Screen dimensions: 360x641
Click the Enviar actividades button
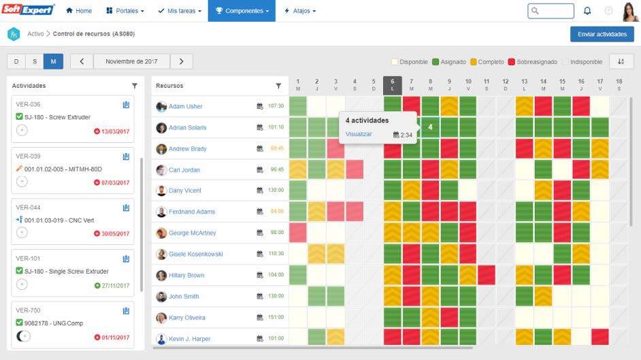click(602, 34)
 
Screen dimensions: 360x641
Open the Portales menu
click(125, 11)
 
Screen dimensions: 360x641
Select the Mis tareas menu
click(179, 11)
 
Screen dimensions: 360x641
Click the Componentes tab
click(242, 11)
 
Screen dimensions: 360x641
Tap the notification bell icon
click(587, 11)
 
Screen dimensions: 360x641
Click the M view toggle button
click(53, 61)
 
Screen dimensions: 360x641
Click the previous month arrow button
click(82, 61)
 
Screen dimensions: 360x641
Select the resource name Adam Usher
click(185, 106)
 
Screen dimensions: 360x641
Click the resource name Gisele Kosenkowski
click(195, 254)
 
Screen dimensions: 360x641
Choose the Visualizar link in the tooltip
click(359, 134)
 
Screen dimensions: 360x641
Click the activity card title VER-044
click(28, 207)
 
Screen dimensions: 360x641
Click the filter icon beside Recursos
click(278, 86)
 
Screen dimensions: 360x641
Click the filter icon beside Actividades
click(134, 86)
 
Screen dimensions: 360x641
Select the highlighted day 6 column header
click(393, 84)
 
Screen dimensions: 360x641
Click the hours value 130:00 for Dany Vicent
click(276, 191)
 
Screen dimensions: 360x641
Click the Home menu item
click(79, 11)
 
